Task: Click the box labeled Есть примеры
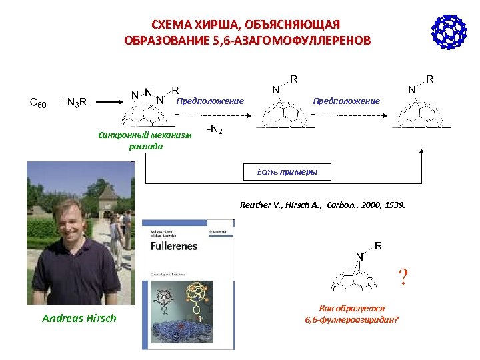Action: pos(287,172)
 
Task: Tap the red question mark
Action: pos(402,275)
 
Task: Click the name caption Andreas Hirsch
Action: pos(79,318)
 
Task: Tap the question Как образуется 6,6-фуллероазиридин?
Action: pos(351,313)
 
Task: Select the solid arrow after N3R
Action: pos(106,102)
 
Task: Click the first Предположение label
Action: pos(211,101)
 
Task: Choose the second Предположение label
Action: pos(347,101)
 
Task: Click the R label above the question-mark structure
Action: pos(378,245)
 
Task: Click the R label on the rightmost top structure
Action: pos(430,79)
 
